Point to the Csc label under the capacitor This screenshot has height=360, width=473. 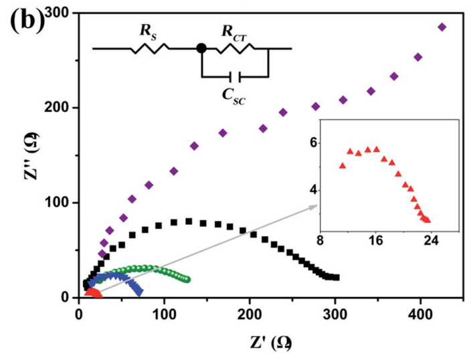point(233,93)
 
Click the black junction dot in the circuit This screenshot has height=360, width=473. point(201,48)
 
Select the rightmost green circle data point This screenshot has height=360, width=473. point(188,280)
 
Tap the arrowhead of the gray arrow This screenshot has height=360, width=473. point(314,207)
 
